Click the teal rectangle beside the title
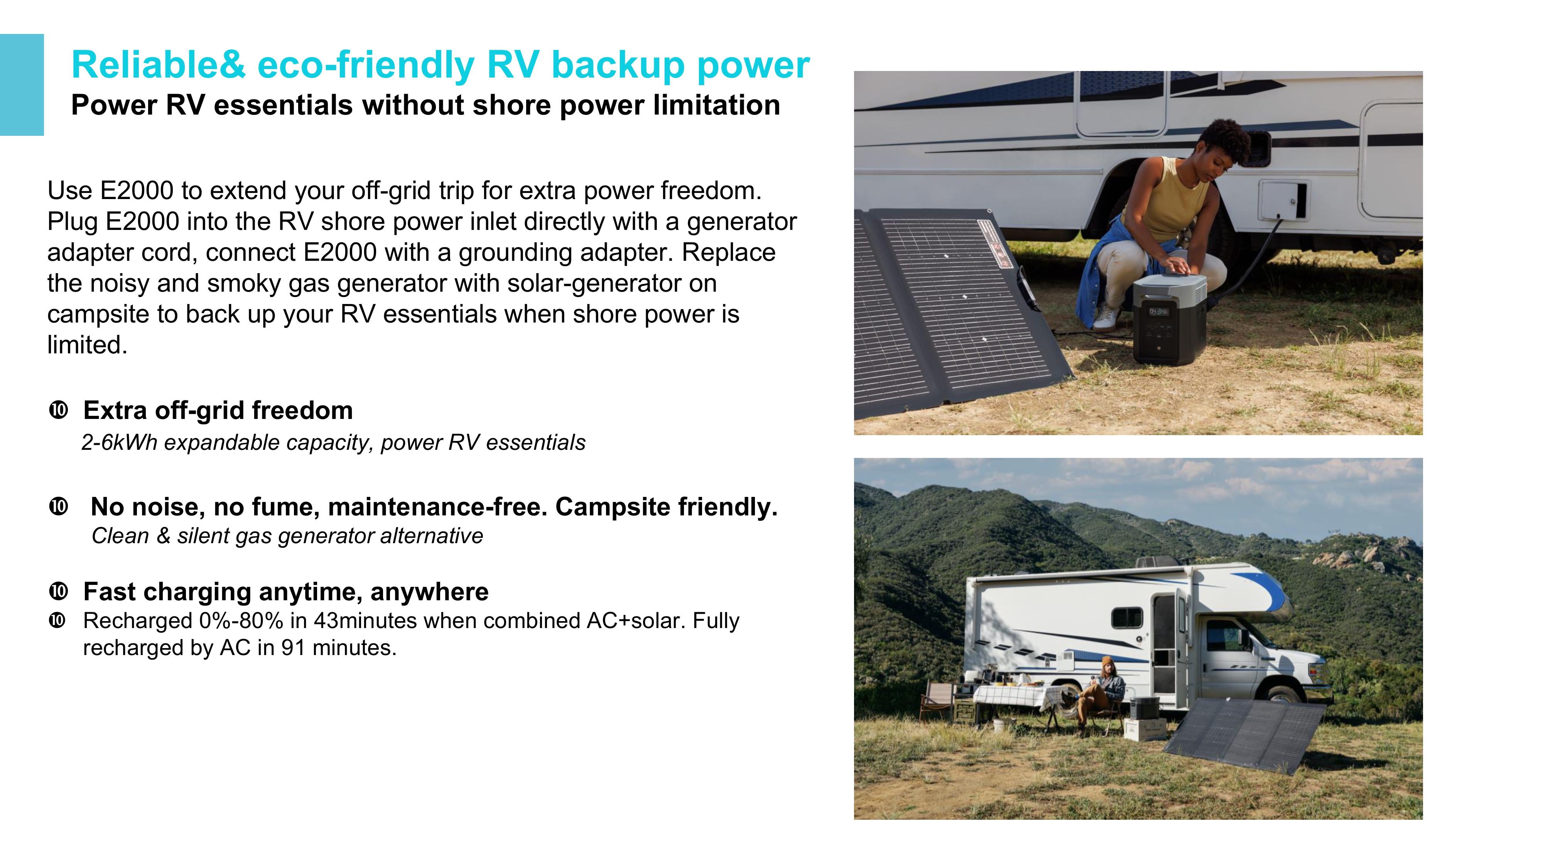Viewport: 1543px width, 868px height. pos(22,84)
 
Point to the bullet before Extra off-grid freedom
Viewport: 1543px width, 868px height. pos(58,411)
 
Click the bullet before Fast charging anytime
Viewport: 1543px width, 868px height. pos(58,592)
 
